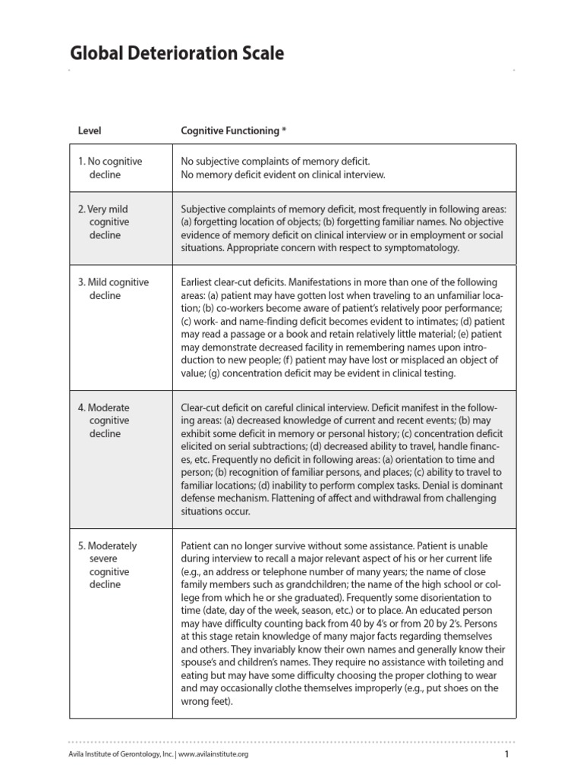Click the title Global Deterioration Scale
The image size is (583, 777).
tap(177, 53)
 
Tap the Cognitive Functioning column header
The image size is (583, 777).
tap(229, 131)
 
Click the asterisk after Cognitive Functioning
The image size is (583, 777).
tap(284, 130)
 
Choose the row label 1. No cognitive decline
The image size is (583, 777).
tap(110, 168)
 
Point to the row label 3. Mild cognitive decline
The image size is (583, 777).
tap(113, 288)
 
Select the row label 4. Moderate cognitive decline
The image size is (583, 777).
tap(104, 420)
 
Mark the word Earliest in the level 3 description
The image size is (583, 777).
tap(199, 282)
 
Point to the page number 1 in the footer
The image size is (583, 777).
tap(506, 753)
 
